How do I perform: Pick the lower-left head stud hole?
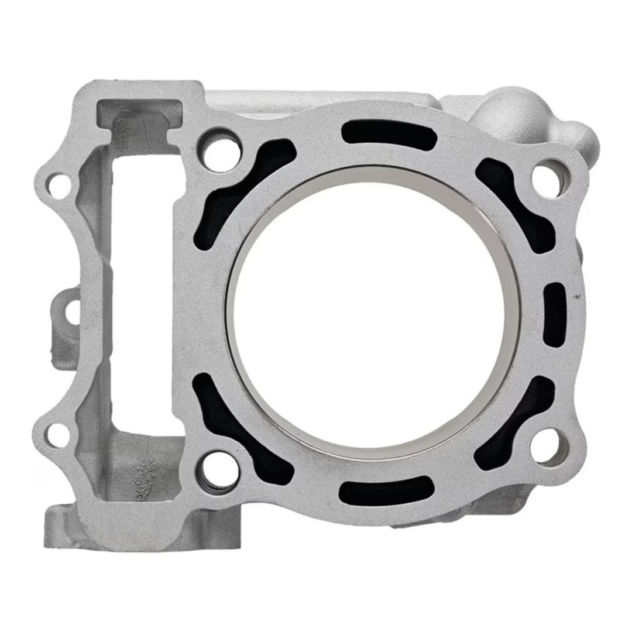point(219,470)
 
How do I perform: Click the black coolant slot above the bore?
point(390,136)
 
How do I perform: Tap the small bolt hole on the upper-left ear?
point(57,186)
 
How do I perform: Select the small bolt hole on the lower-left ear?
point(56,434)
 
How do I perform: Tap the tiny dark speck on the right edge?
point(578,297)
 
